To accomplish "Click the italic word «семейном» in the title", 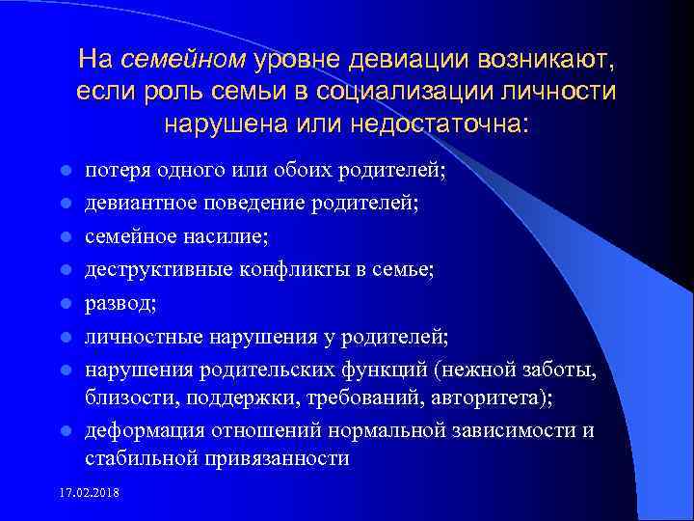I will [184, 61].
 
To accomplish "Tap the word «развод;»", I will [118, 304].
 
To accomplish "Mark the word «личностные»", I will [135, 337].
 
